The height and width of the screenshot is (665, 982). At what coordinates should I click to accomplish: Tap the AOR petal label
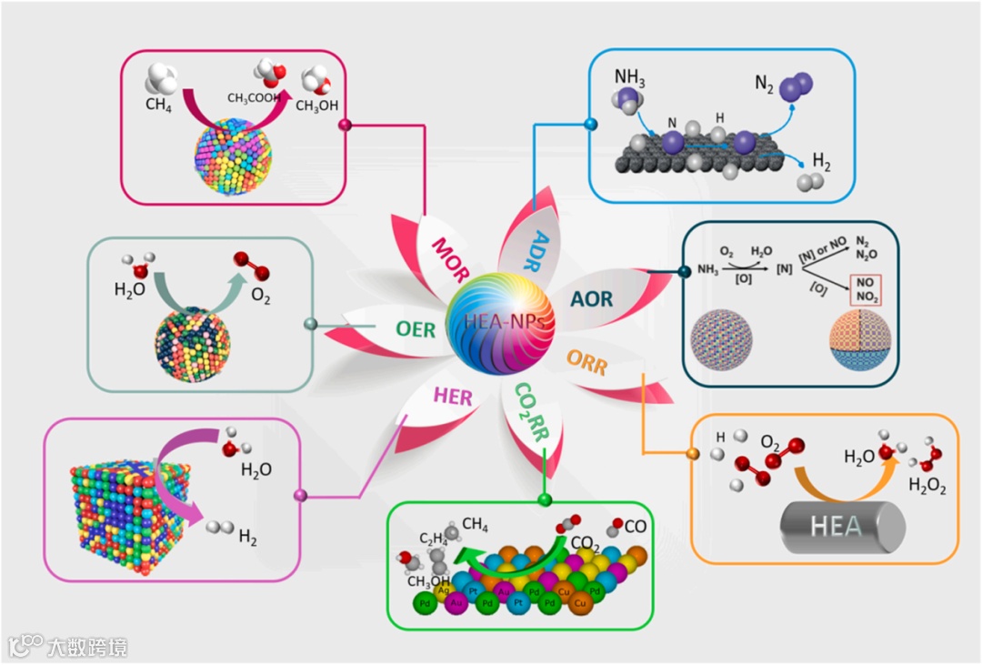point(591,298)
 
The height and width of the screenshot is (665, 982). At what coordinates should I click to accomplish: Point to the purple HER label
point(452,396)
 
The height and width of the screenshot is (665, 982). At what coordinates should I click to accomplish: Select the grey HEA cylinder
point(843,526)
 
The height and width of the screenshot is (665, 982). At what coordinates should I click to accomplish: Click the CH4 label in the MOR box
point(158,105)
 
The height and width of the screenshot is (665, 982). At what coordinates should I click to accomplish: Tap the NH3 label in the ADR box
point(629,78)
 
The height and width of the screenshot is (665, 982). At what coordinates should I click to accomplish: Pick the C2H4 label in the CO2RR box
point(435,538)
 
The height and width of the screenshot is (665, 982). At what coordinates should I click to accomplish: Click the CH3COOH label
point(252,98)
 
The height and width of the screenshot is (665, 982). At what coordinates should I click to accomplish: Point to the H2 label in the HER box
point(247,539)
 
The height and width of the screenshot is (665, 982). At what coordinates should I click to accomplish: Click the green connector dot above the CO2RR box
point(545,499)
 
